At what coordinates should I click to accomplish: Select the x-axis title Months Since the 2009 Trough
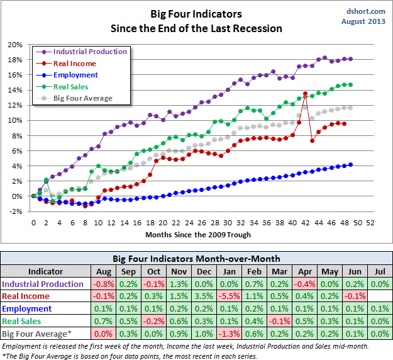pyautogui.click(x=198, y=235)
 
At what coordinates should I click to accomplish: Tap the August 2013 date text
pyautogui.click(x=362, y=21)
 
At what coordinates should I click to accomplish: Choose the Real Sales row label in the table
pyautogui.click(x=29, y=321)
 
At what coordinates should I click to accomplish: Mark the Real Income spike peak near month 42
pyautogui.click(x=305, y=94)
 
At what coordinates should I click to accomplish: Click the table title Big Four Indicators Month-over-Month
pyautogui.click(x=196, y=259)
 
